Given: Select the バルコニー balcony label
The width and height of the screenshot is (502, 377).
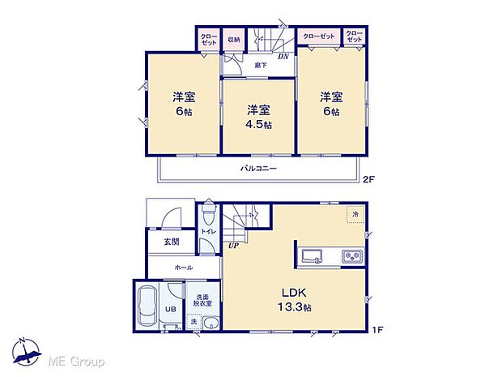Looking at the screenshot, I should click(258, 169).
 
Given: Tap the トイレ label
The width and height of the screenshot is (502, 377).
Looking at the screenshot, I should click(208, 232).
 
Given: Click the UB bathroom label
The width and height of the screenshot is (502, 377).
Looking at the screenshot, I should click(172, 310).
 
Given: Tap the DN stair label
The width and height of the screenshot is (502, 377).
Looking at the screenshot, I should click(283, 57).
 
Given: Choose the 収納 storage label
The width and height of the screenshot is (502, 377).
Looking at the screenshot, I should click(233, 38).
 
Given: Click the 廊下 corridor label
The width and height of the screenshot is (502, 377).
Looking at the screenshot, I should click(261, 64).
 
